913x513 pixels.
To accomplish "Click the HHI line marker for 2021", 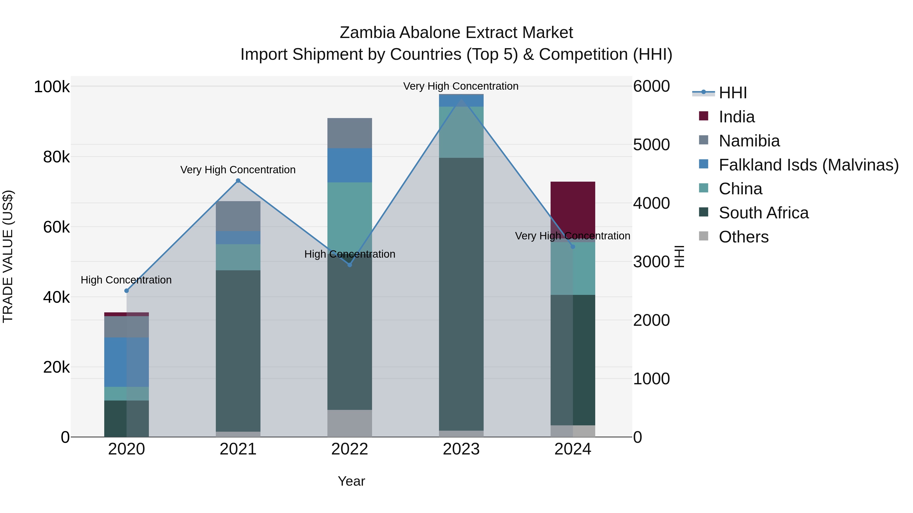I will point(238,181).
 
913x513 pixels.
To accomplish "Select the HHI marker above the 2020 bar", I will point(127,291).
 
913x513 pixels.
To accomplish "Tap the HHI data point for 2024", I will point(573,246).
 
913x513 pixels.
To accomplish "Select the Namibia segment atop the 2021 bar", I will point(238,216).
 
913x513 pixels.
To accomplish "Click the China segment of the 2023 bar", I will point(461,132).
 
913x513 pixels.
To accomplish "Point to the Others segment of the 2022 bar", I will point(349,423).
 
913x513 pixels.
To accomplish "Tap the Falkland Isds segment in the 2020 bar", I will point(127,362).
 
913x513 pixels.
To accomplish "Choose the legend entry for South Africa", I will point(763,213).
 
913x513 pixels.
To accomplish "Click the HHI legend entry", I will point(733,93).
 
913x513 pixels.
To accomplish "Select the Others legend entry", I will point(743,237).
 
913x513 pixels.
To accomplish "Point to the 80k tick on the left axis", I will point(56,157).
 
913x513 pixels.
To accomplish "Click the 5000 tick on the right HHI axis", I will point(651,145).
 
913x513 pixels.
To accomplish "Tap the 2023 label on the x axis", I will point(461,449).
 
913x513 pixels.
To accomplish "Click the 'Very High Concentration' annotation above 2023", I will point(461,86).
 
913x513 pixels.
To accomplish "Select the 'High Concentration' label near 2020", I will point(126,280).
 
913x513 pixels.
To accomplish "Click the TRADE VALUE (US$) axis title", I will point(8,256).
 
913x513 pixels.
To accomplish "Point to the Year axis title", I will point(351,481).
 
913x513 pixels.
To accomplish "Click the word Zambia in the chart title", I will point(367,33).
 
